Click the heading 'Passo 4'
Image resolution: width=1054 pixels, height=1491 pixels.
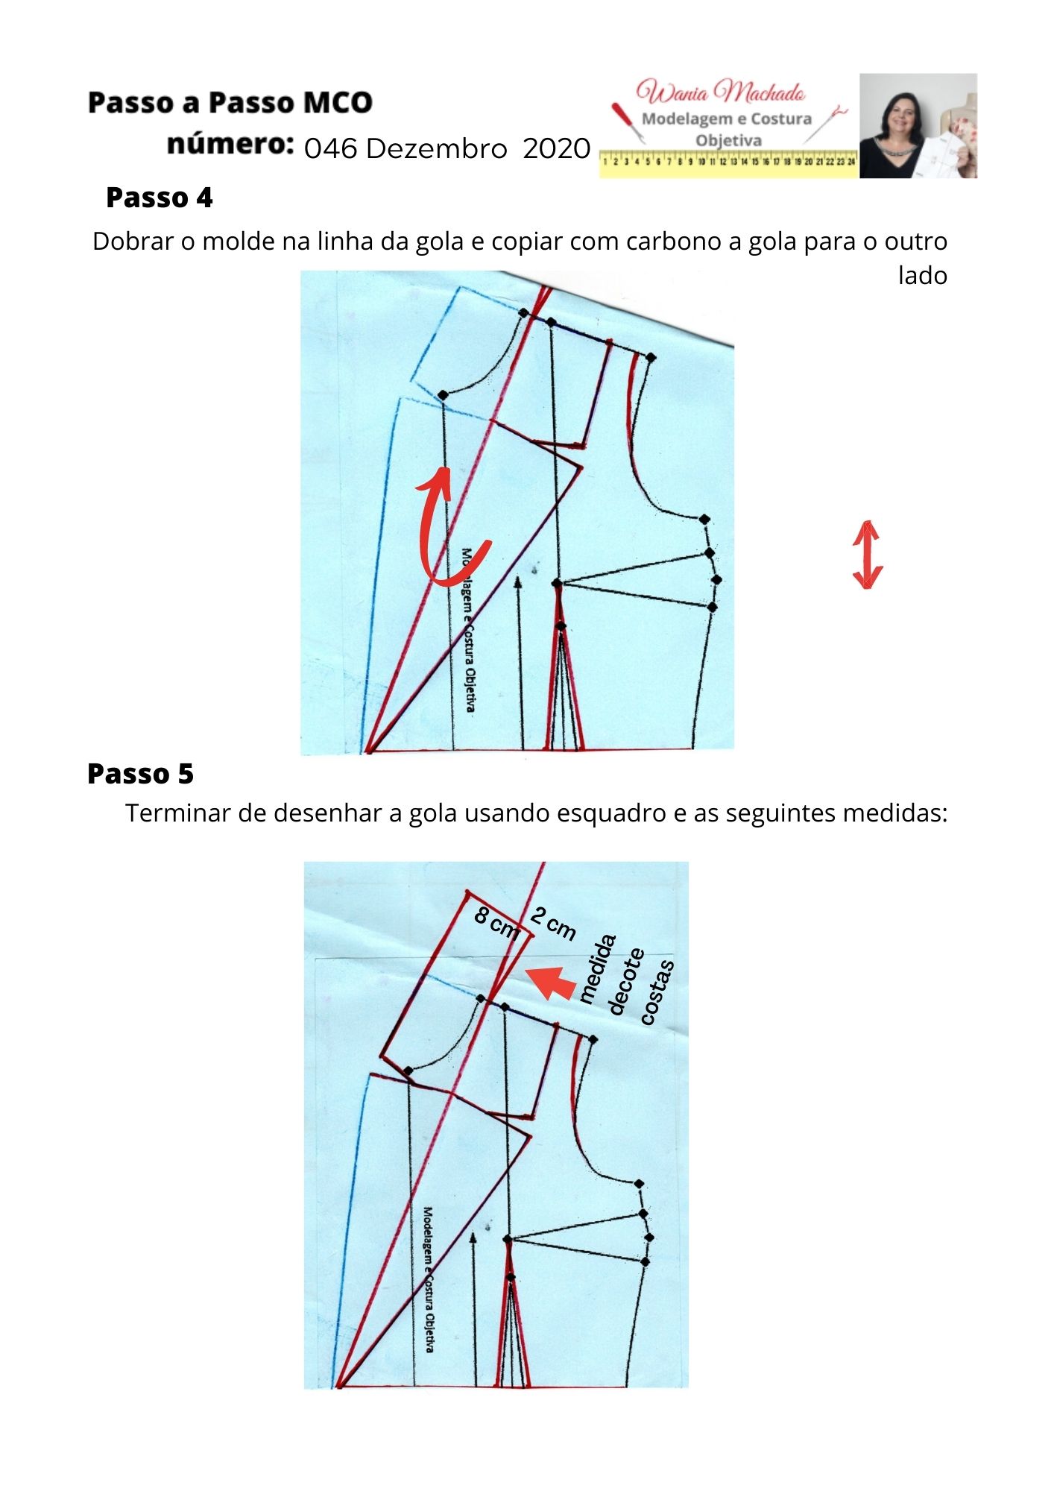click(x=160, y=198)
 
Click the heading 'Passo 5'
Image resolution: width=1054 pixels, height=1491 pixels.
click(x=140, y=774)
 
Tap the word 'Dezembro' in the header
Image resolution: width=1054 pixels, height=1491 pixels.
click(x=437, y=149)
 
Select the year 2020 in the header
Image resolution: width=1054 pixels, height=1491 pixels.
click(x=556, y=149)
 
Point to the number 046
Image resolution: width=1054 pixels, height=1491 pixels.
click(x=330, y=149)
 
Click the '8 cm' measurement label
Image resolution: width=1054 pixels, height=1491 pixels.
click(x=496, y=923)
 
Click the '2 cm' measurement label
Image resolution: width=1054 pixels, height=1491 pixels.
click(x=553, y=924)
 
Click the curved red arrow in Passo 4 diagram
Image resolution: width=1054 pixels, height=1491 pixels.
click(x=447, y=529)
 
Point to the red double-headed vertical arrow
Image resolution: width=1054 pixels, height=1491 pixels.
click(x=867, y=555)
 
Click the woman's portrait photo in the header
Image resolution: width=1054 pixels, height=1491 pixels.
click(x=918, y=125)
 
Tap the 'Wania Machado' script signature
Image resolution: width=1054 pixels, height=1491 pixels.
click(x=720, y=92)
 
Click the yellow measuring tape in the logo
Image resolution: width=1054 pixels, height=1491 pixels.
click(x=728, y=162)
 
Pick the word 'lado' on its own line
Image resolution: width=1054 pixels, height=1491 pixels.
click(x=922, y=276)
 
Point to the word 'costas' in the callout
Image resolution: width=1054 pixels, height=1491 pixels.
click(x=657, y=992)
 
